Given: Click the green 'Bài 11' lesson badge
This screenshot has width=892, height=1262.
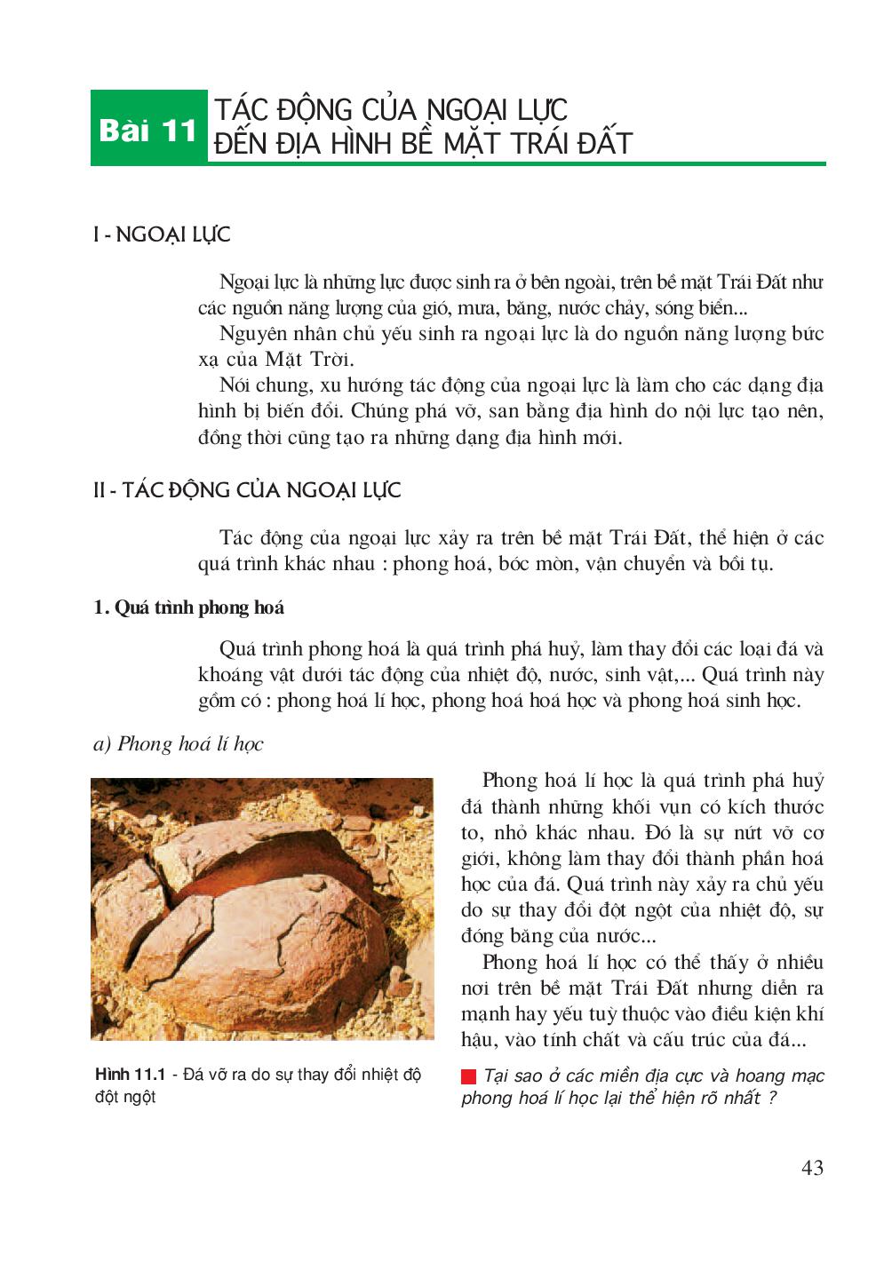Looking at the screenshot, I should [x=148, y=131].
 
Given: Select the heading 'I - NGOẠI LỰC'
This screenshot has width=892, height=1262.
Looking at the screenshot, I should [x=162, y=234].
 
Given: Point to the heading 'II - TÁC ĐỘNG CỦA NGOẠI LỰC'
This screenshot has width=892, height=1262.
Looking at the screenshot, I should [x=247, y=490].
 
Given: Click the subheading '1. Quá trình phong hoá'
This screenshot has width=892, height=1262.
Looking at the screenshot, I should [x=188, y=607].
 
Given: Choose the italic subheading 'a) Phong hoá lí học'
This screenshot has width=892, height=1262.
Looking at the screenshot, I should [x=178, y=743].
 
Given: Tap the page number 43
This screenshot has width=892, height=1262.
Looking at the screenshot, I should [x=812, y=1168].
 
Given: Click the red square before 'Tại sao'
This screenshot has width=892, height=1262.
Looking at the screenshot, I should [x=468, y=1076].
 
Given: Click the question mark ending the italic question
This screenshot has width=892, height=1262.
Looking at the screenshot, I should [x=772, y=1099].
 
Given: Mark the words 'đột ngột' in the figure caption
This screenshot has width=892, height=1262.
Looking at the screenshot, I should [x=125, y=1097].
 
